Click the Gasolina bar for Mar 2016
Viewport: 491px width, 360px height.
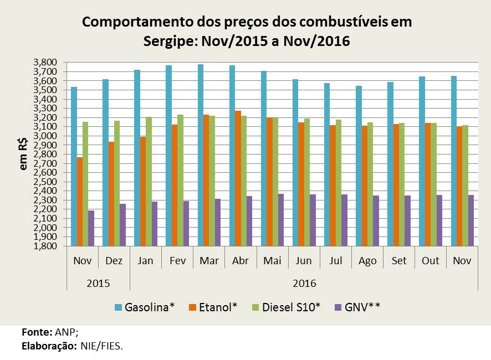coord(201,155)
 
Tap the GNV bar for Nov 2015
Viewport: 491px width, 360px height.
coord(91,228)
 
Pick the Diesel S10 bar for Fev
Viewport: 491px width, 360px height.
coord(180,180)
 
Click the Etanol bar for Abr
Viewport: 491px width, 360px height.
coord(238,178)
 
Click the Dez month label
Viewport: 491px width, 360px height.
coord(114,261)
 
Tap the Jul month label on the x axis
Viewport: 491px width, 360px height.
coord(335,261)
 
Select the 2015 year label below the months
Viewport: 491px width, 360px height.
coord(98,284)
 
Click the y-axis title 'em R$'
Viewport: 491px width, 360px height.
coord(24,155)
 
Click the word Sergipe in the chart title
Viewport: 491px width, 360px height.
coord(170,41)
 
